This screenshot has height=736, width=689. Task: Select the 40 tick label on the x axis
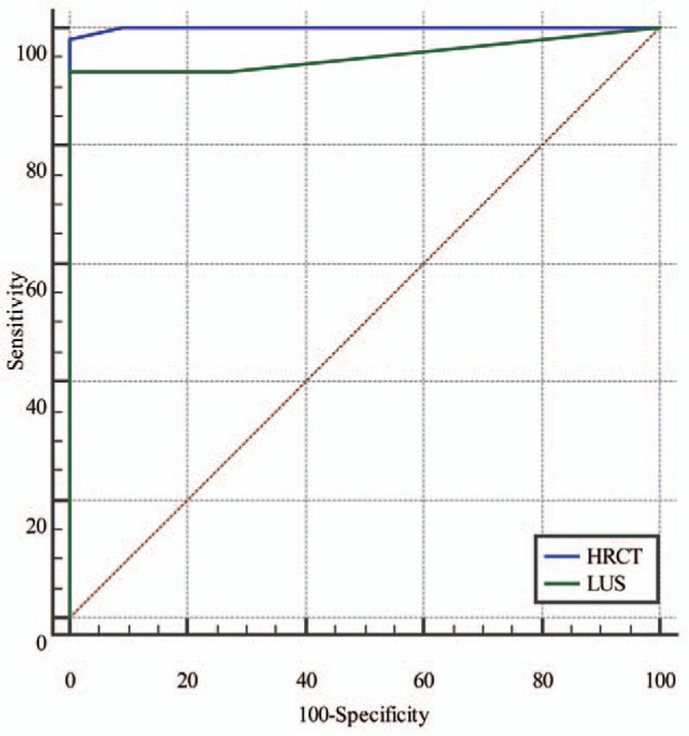pos(305,681)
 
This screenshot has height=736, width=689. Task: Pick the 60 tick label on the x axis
pos(423,681)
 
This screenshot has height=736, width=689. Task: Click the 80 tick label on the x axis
pos(542,681)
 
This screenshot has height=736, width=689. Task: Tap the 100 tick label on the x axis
pos(658,681)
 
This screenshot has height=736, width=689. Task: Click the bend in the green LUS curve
pos(231,72)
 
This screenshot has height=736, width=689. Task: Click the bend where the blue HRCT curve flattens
pos(121,28)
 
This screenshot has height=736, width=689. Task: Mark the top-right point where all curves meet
pos(659,28)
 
